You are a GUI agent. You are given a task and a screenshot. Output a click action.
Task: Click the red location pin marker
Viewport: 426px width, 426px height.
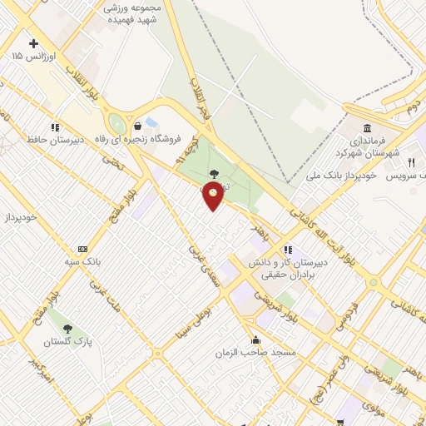[x=214, y=196]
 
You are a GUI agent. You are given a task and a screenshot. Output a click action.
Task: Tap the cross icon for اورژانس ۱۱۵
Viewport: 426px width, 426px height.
[x=33, y=43]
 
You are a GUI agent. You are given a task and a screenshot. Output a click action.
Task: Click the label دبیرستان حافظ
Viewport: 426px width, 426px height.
[x=56, y=140]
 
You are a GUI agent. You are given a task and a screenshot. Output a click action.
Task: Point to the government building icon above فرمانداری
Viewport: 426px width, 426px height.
[x=367, y=128]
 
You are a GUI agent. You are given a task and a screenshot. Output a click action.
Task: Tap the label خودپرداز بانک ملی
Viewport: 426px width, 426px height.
[x=340, y=176]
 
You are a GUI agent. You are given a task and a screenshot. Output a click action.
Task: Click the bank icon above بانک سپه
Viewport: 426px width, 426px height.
[x=82, y=249]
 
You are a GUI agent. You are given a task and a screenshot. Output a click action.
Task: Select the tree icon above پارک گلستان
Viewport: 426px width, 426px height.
[x=68, y=329]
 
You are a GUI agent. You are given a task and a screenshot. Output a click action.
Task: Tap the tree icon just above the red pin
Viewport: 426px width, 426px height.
[x=215, y=173]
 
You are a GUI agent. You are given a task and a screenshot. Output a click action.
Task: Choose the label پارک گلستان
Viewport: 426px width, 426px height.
[x=68, y=341]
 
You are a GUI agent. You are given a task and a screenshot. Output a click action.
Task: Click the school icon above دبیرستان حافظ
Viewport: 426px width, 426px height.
[x=55, y=127]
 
